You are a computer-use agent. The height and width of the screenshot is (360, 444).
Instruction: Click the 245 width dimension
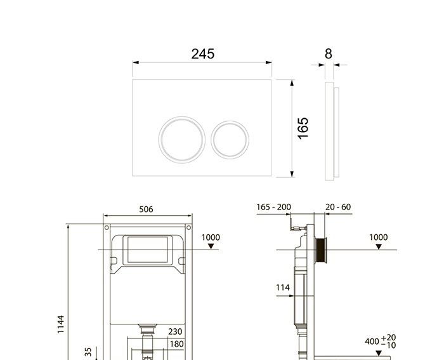(202, 54)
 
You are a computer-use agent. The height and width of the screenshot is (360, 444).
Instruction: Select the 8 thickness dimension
(328, 54)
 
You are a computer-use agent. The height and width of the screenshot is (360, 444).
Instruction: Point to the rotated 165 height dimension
(303, 128)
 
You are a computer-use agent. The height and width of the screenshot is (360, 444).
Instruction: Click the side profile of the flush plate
(331, 131)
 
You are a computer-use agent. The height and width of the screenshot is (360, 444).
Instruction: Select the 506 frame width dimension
(146, 210)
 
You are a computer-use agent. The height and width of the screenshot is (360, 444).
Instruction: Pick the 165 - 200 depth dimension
(274, 207)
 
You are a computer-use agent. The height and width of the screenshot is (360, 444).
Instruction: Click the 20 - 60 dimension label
(337, 207)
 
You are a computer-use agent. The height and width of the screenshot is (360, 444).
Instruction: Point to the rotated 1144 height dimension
(61, 324)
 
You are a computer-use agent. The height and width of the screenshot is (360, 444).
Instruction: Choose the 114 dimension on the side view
(283, 288)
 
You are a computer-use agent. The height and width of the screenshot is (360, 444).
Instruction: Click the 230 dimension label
(175, 331)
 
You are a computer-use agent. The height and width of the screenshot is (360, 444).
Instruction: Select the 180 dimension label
(175, 344)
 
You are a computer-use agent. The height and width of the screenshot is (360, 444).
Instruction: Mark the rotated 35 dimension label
(89, 351)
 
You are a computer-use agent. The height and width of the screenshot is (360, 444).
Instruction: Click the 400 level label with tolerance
(381, 341)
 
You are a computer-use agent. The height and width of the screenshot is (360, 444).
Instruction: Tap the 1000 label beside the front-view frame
(211, 237)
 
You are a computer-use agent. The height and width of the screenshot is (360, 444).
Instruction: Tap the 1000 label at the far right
(378, 237)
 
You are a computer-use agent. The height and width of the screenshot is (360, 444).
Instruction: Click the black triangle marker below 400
(379, 352)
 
